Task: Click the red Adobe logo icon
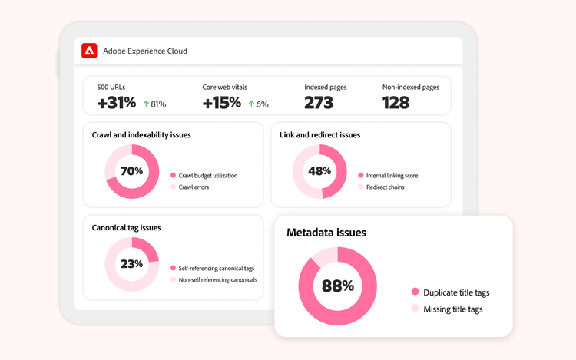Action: click(x=89, y=51)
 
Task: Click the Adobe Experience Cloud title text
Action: click(x=145, y=51)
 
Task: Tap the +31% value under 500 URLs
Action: click(x=117, y=103)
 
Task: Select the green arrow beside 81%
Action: click(x=146, y=104)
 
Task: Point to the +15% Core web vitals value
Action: click(x=221, y=103)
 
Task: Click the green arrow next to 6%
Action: click(x=251, y=104)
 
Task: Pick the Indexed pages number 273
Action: click(x=319, y=103)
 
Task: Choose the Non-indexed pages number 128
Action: click(x=396, y=103)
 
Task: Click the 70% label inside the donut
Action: click(x=131, y=171)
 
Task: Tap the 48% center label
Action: click(x=319, y=171)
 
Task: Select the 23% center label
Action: click(x=131, y=264)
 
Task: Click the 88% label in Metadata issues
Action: click(x=338, y=286)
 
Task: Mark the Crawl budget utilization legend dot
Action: click(x=173, y=176)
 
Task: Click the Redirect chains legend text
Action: click(x=386, y=187)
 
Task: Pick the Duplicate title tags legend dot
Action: click(x=415, y=292)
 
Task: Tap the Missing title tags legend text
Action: click(x=453, y=309)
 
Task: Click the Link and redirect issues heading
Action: click(x=320, y=134)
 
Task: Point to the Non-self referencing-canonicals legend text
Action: click(x=218, y=279)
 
